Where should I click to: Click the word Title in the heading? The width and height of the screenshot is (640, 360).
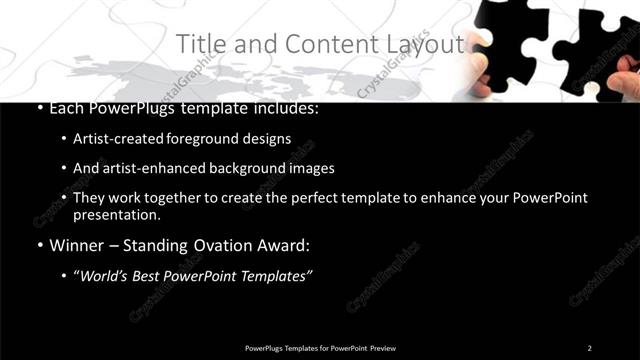(x=199, y=44)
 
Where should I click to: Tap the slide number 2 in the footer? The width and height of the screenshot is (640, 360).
(x=589, y=347)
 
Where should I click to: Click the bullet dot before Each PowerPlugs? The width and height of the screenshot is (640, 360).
(x=39, y=108)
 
